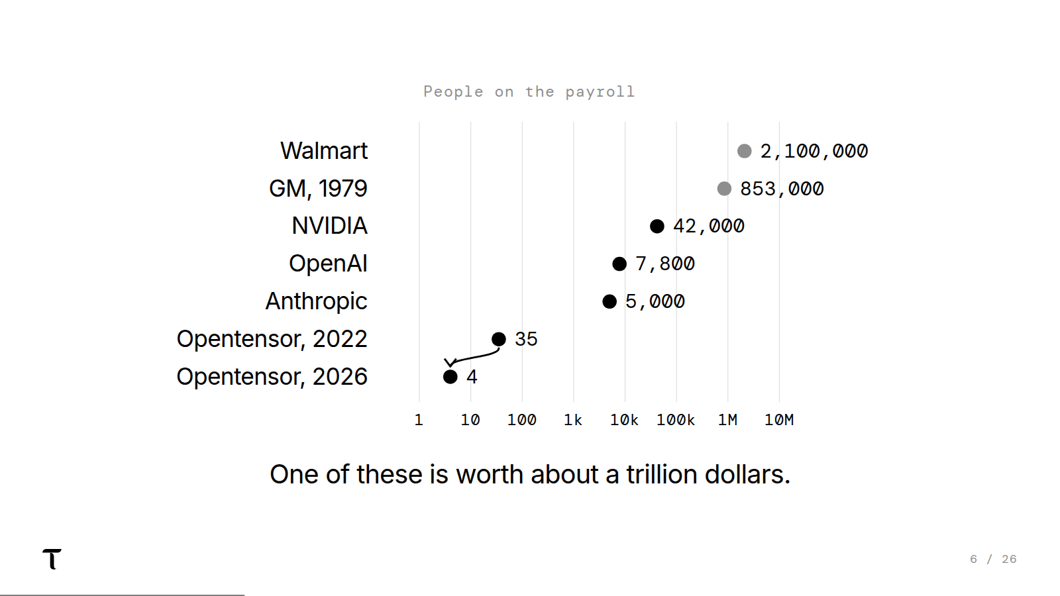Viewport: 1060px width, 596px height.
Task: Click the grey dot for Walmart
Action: coord(745,152)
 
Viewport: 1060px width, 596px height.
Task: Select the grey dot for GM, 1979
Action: coord(724,189)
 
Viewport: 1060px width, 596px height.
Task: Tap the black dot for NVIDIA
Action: coord(657,226)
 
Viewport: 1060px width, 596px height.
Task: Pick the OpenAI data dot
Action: coord(619,264)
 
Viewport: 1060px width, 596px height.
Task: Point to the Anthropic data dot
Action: coord(609,301)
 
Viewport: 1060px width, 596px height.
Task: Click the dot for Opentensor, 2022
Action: coord(499,339)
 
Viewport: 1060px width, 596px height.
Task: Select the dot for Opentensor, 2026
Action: coord(450,377)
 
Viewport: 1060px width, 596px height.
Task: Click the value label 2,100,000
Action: coord(814,152)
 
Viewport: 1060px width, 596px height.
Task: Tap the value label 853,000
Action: coord(782,189)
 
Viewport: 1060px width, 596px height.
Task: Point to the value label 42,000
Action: coord(708,226)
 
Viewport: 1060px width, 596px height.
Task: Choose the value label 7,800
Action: coord(665,264)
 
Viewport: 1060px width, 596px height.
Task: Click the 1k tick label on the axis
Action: coord(573,420)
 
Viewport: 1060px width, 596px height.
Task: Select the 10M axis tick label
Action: coord(779,420)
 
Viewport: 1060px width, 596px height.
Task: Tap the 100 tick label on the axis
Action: coord(522,420)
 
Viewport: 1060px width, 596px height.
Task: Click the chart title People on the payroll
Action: coord(529,92)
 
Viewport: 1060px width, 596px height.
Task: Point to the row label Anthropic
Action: coord(316,301)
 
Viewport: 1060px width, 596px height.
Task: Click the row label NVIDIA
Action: coord(329,226)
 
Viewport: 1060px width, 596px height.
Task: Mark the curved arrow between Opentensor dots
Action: coord(473,358)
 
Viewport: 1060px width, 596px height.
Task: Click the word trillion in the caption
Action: coord(662,474)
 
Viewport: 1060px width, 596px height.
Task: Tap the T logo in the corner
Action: coord(52,559)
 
